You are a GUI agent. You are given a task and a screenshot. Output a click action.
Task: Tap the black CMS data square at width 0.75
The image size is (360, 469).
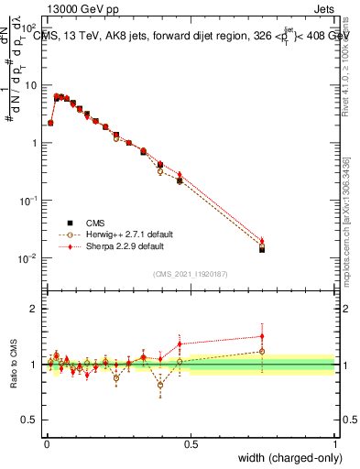tap(263, 249)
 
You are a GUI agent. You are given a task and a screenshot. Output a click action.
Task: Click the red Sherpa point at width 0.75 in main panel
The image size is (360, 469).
tap(263, 241)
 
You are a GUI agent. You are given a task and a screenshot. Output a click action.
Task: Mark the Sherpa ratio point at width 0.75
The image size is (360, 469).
tap(263, 336)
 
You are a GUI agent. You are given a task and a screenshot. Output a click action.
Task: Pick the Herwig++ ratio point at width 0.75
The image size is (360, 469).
tap(263, 351)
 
